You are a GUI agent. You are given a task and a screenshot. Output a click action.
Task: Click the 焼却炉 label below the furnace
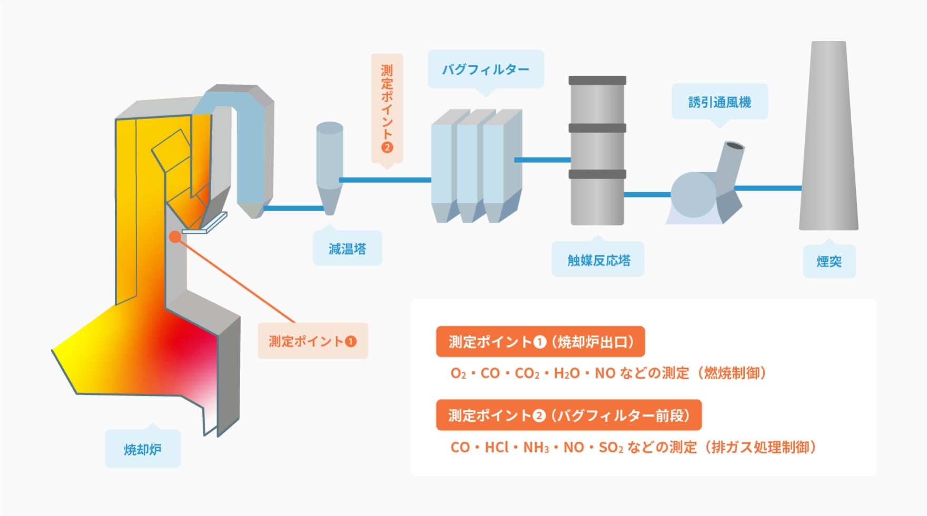coord(143,449)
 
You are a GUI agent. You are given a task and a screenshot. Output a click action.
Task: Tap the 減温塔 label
coord(347,249)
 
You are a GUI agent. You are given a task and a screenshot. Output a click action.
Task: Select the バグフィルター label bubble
coord(485,69)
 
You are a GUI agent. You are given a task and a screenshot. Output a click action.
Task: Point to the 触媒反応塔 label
coord(598,260)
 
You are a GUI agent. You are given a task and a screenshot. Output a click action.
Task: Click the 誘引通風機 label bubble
coord(719,102)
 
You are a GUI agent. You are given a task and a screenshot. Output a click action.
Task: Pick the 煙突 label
coord(829,261)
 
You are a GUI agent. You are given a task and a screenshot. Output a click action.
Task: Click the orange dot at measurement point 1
coord(175,237)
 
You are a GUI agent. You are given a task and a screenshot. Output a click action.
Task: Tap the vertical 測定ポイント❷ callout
coord(387,108)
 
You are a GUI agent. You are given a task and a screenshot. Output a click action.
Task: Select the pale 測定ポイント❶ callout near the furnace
coord(313,341)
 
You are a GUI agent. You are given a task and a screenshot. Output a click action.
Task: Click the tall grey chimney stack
coord(828,137)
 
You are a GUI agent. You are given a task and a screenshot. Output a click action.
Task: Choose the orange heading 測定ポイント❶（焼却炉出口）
coord(540,342)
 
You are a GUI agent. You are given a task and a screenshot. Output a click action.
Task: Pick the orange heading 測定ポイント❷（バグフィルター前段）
coord(569,415)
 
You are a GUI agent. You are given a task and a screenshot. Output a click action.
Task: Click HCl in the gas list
coord(497,447)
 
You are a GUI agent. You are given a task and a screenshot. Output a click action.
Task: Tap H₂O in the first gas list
coord(566,373)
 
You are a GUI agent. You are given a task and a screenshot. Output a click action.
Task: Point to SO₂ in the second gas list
coord(610,447)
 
